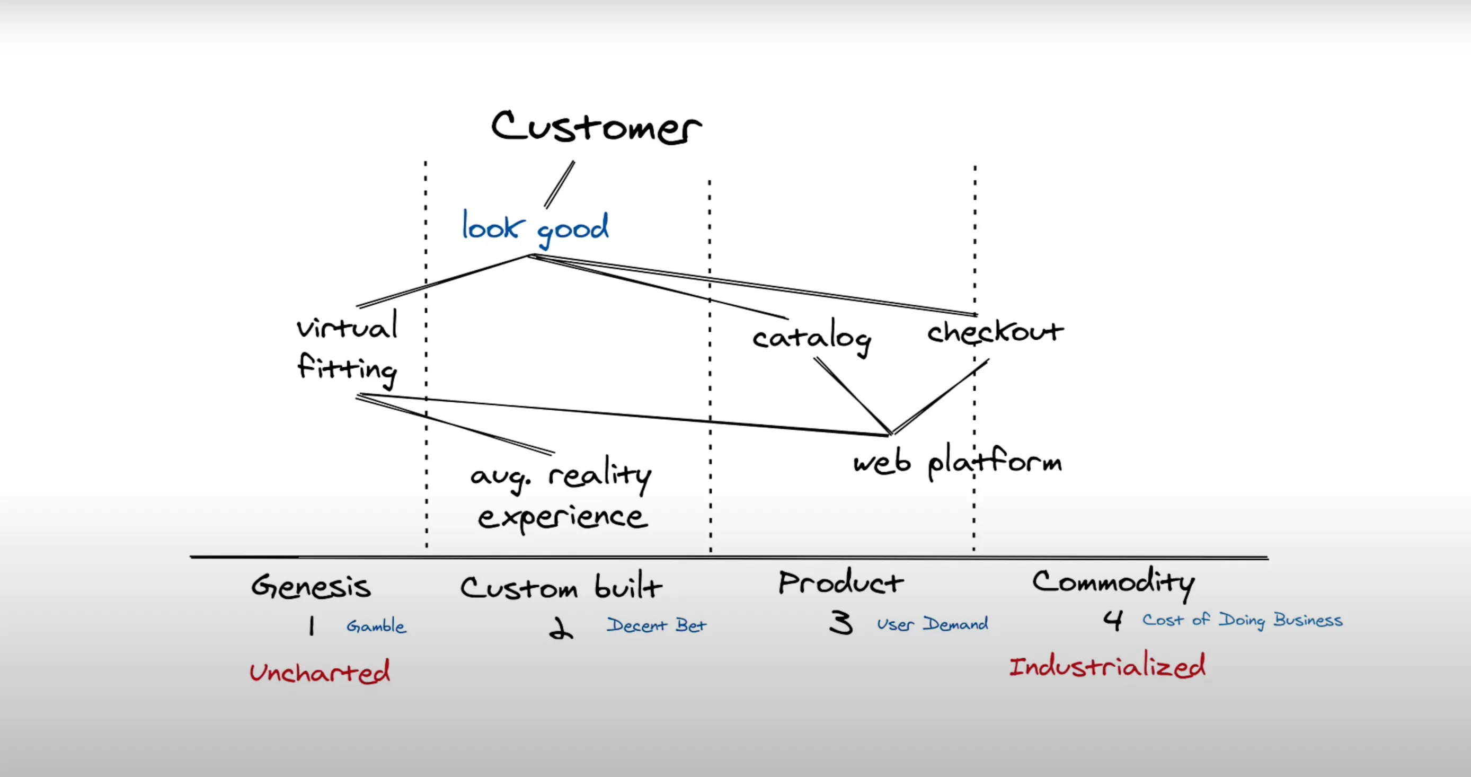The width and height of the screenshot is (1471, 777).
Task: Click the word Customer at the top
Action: (x=596, y=127)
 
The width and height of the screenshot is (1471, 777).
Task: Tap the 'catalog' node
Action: (x=811, y=337)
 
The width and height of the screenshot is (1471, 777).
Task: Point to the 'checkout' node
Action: (x=995, y=332)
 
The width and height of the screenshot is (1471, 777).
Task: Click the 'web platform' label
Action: (x=957, y=462)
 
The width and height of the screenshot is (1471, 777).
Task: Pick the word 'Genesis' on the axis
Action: (x=311, y=586)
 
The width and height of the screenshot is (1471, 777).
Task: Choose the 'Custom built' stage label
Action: (x=561, y=587)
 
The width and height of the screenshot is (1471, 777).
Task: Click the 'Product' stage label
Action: (x=840, y=583)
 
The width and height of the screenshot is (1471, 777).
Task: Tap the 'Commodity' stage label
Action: (x=1113, y=583)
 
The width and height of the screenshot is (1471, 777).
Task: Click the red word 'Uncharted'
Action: (x=320, y=672)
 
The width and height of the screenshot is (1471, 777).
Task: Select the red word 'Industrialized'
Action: (x=1106, y=667)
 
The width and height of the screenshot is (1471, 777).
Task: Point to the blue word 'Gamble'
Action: (x=376, y=626)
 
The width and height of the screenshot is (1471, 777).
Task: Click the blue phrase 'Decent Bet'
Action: (x=656, y=625)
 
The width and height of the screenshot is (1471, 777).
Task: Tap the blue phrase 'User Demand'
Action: (x=933, y=624)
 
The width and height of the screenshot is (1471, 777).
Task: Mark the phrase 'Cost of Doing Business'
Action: (x=1242, y=620)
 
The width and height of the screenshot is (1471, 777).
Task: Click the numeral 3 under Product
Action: (x=841, y=623)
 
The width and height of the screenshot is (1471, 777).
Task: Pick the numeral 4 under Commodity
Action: (x=1113, y=621)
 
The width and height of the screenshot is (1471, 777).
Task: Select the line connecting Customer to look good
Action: (x=559, y=184)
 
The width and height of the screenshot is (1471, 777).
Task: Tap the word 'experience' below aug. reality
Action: (x=562, y=518)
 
